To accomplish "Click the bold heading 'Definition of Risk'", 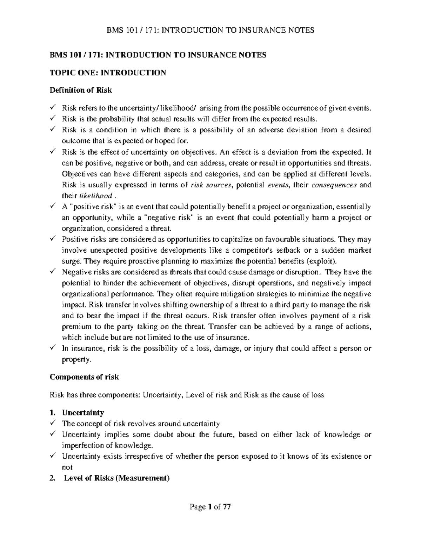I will pos(81,90).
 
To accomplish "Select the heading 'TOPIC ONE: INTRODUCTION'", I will pos(108,73).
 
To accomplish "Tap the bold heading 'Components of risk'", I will pos(84,377).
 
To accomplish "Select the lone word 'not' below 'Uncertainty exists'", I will pos(67,467).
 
